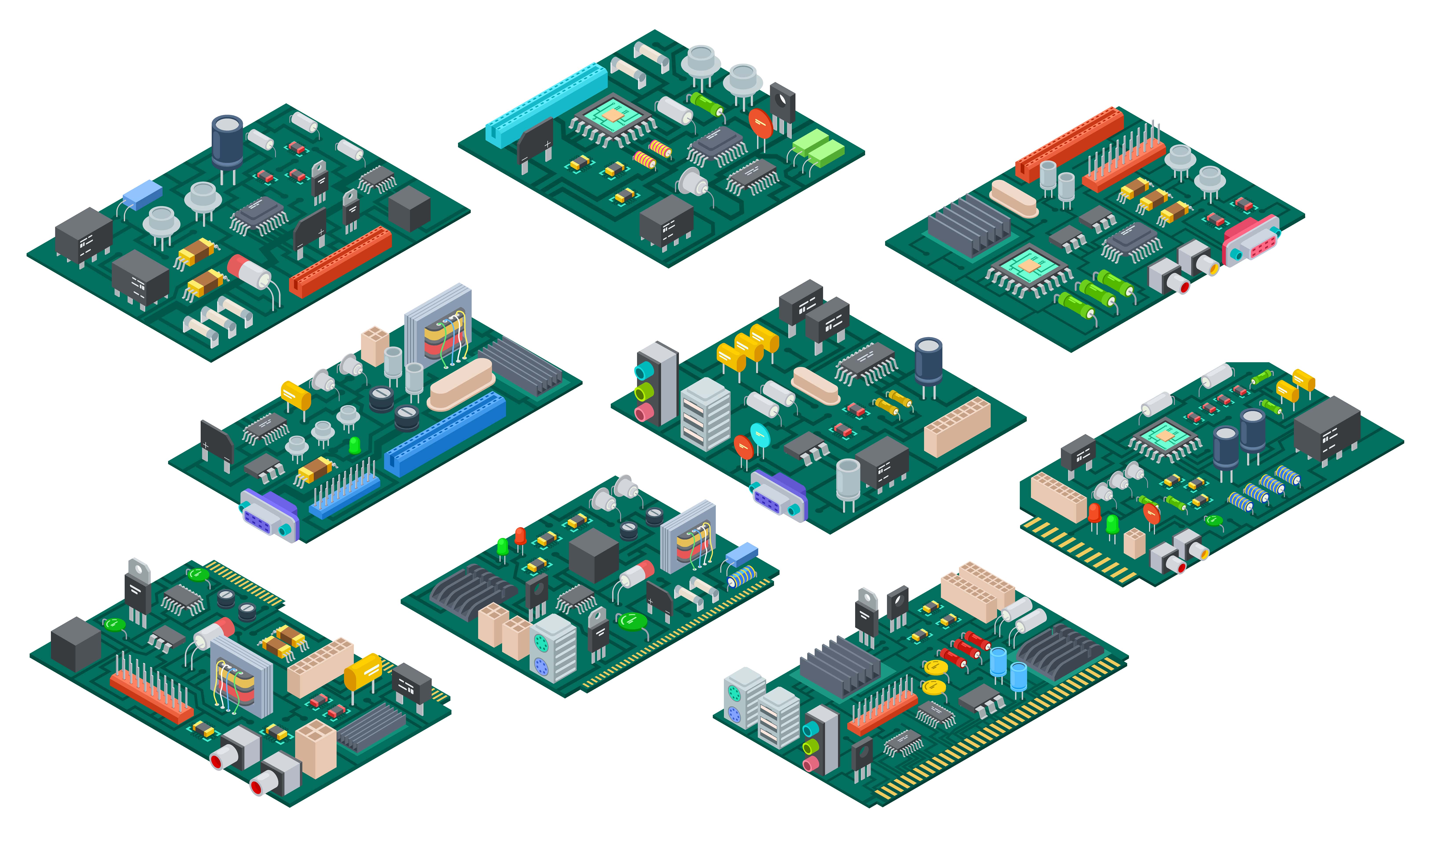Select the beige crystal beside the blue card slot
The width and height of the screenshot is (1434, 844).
point(461,384)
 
